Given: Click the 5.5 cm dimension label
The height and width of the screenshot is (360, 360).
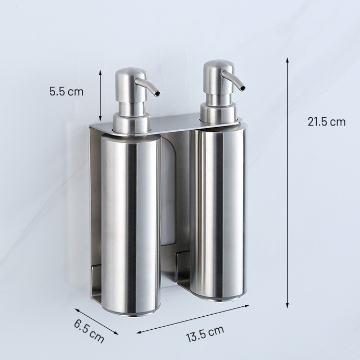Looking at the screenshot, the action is click(66, 92).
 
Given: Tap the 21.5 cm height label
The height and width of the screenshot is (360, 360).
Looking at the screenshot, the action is click(327, 121).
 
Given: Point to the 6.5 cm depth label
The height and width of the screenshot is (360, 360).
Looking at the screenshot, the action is click(89, 331).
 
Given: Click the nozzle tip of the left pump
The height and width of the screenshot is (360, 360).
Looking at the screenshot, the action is click(157, 93).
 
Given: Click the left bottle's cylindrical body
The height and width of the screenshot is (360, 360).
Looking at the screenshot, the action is click(131, 225).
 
